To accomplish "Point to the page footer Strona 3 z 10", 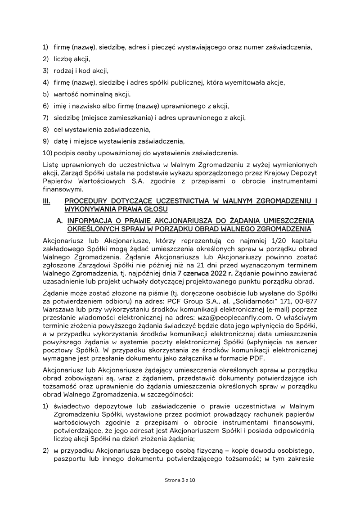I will click(180, 480).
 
